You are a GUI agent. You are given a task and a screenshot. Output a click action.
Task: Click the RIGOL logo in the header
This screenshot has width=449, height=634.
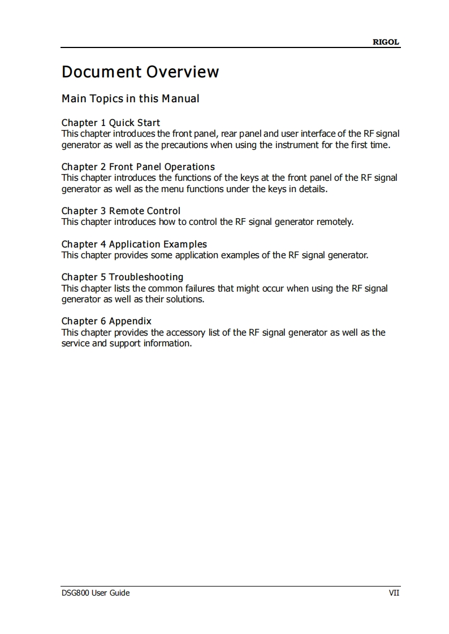(x=386, y=42)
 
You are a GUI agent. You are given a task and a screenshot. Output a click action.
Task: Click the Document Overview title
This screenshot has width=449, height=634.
(x=140, y=72)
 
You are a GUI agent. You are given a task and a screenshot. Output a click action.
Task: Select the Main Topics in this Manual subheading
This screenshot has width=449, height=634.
(x=130, y=99)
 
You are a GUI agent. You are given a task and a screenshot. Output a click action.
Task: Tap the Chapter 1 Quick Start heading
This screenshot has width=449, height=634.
(x=111, y=123)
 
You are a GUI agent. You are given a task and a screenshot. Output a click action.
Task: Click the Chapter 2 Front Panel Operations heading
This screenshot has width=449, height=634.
(x=138, y=167)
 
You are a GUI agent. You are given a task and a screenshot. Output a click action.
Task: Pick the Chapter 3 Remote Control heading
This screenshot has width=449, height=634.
(x=121, y=211)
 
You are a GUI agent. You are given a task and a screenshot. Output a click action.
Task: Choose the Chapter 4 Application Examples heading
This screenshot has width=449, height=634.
(x=134, y=244)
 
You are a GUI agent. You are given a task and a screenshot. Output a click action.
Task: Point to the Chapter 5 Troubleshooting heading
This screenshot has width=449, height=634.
(x=122, y=277)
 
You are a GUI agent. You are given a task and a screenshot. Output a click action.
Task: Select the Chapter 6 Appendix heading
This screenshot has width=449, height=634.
(x=106, y=321)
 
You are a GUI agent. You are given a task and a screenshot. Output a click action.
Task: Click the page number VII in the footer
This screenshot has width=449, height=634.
(x=394, y=593)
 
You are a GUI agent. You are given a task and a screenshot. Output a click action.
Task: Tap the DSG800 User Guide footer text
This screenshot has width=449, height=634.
(x=96, y=593)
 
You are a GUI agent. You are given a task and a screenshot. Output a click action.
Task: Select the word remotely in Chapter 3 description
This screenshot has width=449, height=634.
(x=335, y=222)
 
